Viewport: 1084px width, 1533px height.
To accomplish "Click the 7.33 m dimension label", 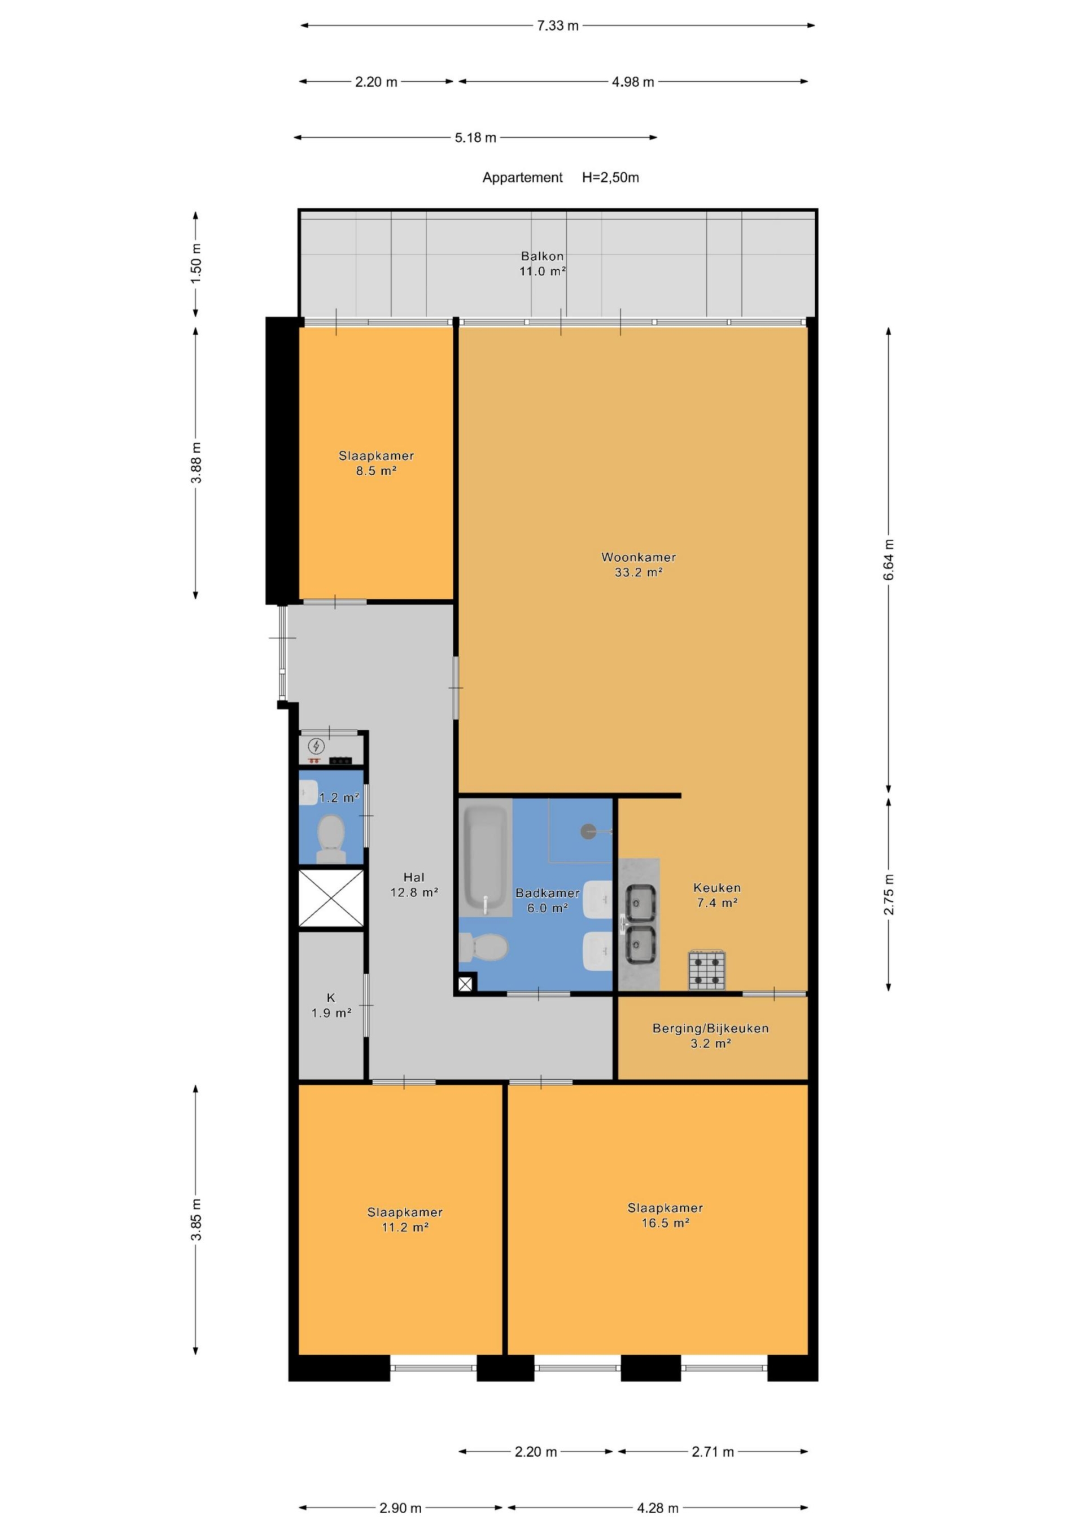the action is (558, 25).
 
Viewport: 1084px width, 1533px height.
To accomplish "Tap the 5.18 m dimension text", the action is (475, 138).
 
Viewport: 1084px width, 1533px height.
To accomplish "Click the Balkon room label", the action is (543, 256).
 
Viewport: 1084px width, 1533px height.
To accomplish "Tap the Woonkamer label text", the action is (639, 557).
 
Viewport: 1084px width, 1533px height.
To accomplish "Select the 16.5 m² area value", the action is (665, 1223).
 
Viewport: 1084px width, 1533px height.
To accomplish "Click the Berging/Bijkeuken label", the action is (711, 1028).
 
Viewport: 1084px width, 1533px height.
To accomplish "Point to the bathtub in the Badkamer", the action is (485, 860).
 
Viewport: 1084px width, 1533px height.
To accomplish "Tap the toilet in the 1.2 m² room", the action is (331, 839).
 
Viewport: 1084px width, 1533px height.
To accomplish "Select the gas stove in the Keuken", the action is (707, 970).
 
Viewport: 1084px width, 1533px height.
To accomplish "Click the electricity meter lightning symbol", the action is (316, 746).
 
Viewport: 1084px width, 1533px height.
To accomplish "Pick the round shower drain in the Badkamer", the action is (588, 831).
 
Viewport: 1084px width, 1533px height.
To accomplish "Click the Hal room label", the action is (414, 877).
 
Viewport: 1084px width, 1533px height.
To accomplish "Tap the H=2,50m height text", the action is (610, 178).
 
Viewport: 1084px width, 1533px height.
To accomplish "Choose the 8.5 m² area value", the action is (376, 471).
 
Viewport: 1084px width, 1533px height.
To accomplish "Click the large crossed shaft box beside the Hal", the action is (331, 898).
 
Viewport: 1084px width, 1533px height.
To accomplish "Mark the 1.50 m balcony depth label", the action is (196, 264).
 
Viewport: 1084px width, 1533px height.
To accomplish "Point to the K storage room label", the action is (331, 997).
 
